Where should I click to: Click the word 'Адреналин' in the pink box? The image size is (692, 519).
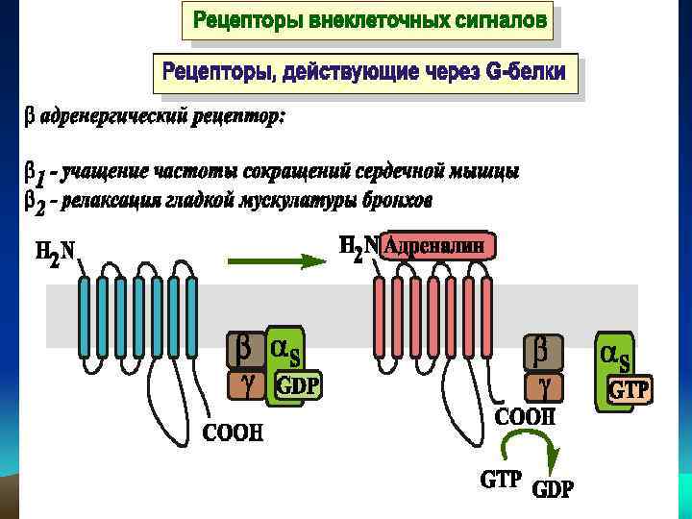[439, 246]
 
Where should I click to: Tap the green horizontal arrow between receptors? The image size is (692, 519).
[273, 259]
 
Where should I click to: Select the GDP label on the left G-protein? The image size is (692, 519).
[299, 386]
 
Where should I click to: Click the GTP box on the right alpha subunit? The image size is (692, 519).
[630, 389]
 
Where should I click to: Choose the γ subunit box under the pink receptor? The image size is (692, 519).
[542, 388]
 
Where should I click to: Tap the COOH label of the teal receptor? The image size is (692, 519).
[231, 432]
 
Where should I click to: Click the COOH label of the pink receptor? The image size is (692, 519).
[525, 417]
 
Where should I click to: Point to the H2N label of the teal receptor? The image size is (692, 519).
[56, 253]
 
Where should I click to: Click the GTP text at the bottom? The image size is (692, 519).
[501, 478]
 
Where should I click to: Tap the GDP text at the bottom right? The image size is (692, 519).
[553, 489]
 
